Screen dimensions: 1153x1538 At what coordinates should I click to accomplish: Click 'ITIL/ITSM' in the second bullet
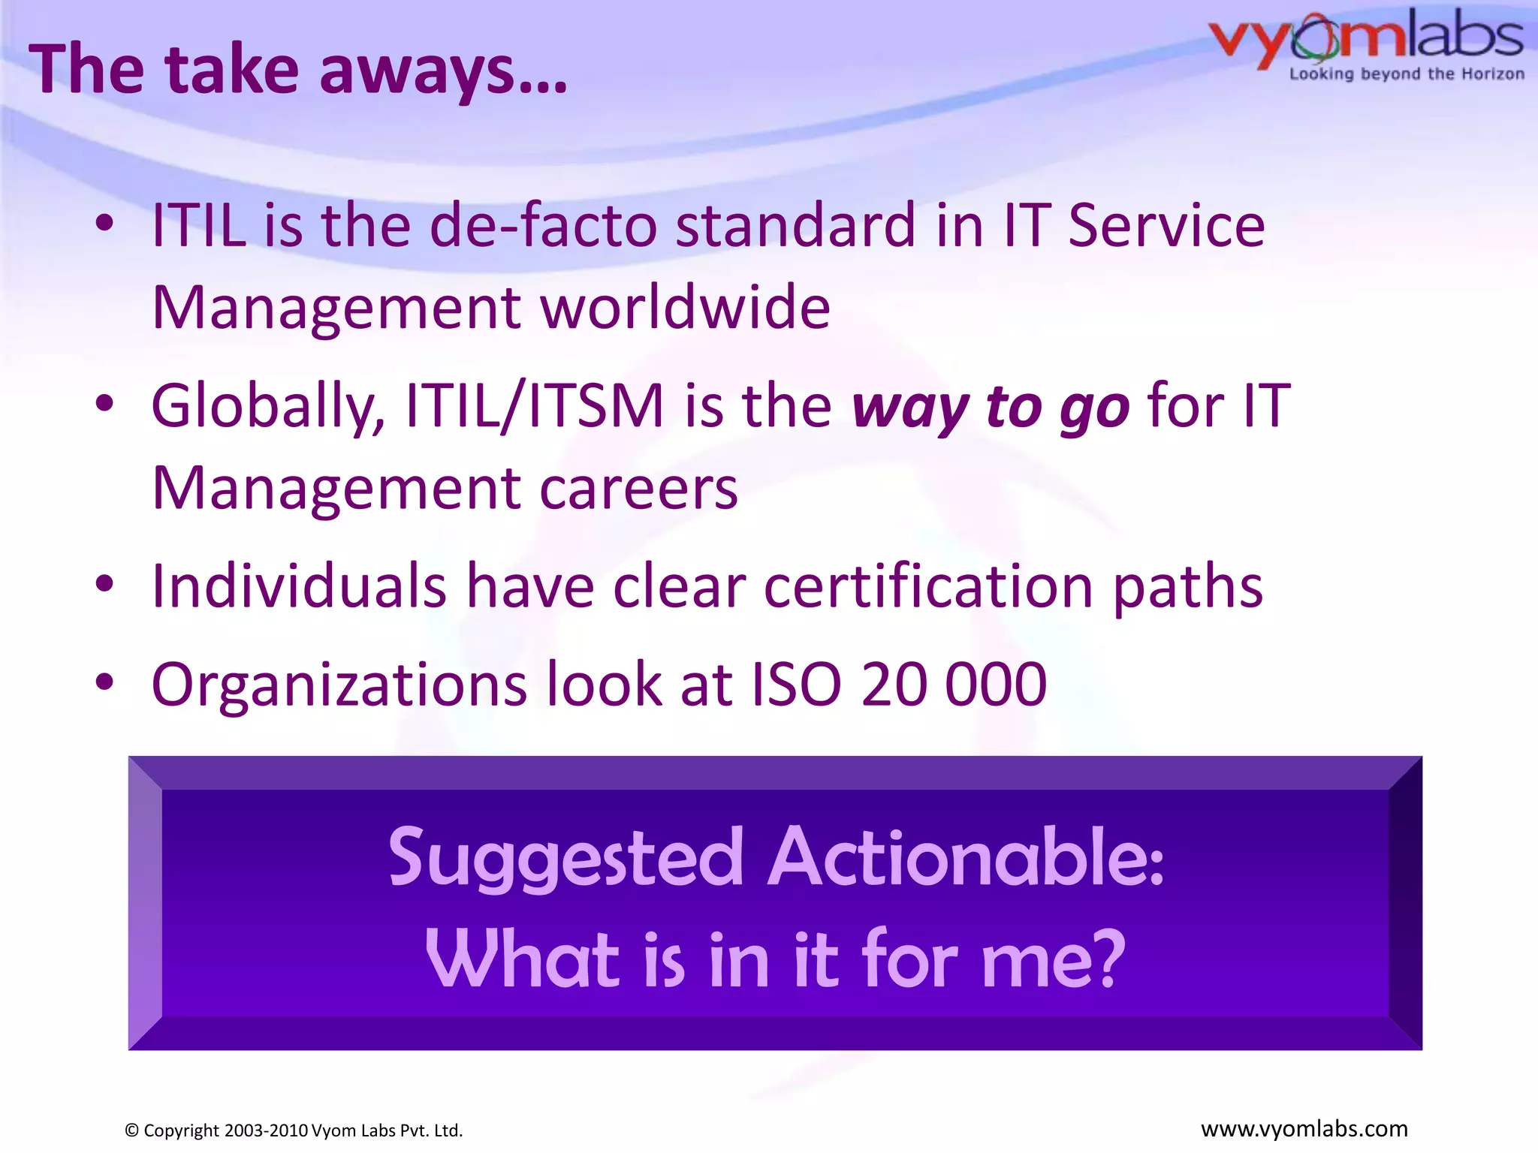point(534,405)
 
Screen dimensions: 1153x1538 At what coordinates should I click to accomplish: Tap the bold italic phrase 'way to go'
point(990,407)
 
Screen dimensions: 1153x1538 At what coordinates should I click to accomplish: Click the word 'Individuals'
point(299,586)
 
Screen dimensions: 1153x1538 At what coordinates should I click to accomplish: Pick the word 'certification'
point(928,586)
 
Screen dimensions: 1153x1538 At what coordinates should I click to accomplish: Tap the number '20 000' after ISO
point(954,685)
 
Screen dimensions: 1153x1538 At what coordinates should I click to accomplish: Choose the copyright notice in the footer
point(294,1130)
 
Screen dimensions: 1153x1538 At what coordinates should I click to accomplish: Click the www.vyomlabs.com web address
point(1304,1129)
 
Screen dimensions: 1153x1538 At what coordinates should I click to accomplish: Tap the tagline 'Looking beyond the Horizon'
point(1407,74)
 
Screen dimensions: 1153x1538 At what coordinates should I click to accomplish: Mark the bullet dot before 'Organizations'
point(104,682)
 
